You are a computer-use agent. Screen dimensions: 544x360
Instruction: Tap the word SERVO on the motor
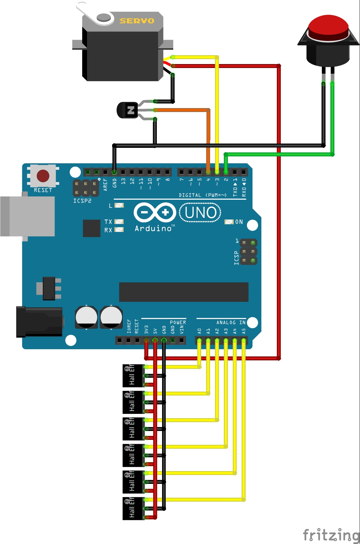(x=137, y=21)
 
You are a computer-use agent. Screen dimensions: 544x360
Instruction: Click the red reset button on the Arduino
(x=43, y=176)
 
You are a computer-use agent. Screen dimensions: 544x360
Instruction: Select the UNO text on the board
(x=200, y=213)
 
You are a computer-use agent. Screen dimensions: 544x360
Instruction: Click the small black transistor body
(x=128, y=110)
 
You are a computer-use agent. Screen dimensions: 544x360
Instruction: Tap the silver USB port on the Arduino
(x=28, y=216)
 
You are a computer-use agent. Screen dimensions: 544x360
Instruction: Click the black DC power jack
(x=39, y=322)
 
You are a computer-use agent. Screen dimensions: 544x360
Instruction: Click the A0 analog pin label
(x=199, y=331)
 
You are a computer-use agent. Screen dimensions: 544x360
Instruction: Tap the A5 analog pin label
(x=244, y=331)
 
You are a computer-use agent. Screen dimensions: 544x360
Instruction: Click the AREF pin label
(x=105, y=185)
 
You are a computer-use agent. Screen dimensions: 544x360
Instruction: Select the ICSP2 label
(x=82, y=201)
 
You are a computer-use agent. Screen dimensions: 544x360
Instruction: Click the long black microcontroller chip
(x=183, y=292)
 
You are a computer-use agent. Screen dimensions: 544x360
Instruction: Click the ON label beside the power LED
(x=239, y=222)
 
